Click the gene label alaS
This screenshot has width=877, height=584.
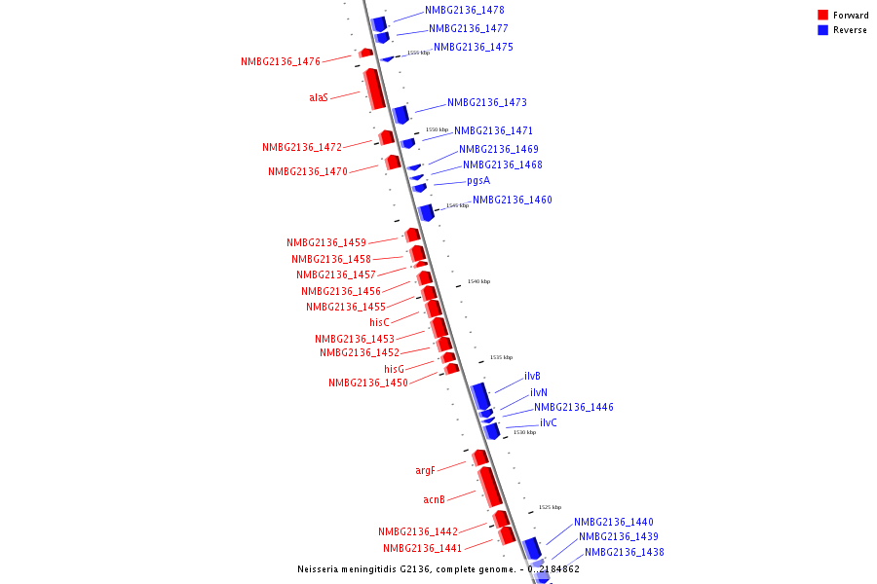pyautogui.click(x=319, y=97)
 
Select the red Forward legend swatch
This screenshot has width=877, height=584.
pyautogui.click(x=823, y=16)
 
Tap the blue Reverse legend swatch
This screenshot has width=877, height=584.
pyautogui.click(x=823, y=30)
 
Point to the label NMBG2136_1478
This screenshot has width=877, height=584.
pyautogui.click(x=465, y=10)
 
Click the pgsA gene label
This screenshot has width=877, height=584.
pyautogui.click(x=478, y=181)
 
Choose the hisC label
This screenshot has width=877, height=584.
pyautogui.click(x=379, y=322)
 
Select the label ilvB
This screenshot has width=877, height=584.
pyautogui.click(x=532, y=377)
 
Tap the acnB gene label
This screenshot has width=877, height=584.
pyautogui.click(x=434, y=499)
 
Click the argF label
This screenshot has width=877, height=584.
pyautogui.click(x=425, y=471)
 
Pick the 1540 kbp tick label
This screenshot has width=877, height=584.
pyautogui.click(x=478, y=281)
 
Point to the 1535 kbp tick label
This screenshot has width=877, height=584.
pyautogui.click(x=501, y=357)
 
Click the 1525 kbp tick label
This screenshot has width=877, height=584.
pyautogui.click(x=550, y=507)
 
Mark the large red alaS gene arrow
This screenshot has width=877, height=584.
pyautogui.click(x=374, y=89)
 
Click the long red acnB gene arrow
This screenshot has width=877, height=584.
pyautogui.click(x=489, y=487)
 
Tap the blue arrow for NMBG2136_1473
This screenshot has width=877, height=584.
pyautogui.click(x=400, y=115)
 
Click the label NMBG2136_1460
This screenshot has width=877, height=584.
pyautogui.click(x=513, y=201)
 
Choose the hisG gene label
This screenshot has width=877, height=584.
pyautogui.click(x=394, y=370)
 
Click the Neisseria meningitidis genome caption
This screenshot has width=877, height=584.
pyautogui.click(x=438, y=569)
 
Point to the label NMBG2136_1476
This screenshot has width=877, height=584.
pyautogui.click(x=281, y=62)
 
